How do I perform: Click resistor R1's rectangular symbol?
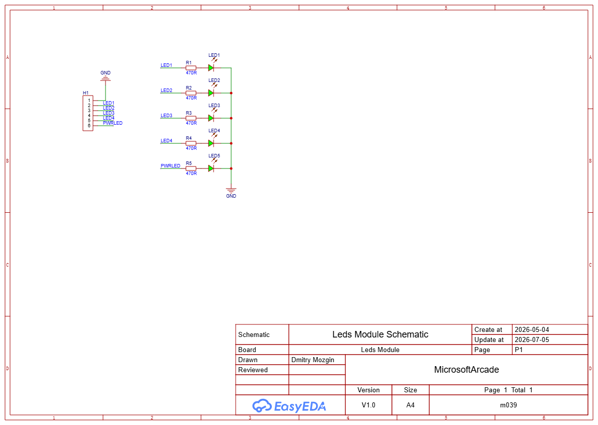pyautogui.click(x=190, y=68)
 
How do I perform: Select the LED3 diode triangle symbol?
pyautogui.click(x=211, y=118)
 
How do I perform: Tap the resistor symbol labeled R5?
pyautogui.click(x=190, y=168)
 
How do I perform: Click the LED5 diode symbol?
pyautogui.click(x=211, y=168)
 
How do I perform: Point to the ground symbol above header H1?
pyautogui.click(x=105, y=78)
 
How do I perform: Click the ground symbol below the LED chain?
pyautogui.click(x=231, y=190)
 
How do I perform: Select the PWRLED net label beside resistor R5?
pyautogui.click(x=170, y=165)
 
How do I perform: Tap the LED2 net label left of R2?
pyautogui.click(x=166, y=91)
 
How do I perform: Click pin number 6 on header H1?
pyautogui.click(x=89, y=126)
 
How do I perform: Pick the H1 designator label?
pyautogui.click(x=86, y=93)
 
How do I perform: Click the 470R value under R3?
pyautogui.click(x=191, y=123)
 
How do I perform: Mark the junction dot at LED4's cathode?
pyautogui.click(x=231, y=143)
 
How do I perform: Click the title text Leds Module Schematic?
pyautogui.click(x=380, y=334)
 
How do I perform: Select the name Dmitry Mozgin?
pyautogui.click(x=313, y=360)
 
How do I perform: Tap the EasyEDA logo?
pyautogui.click(x=289, y=406)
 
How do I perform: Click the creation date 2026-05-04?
pyautogui.click(x=532, y=329)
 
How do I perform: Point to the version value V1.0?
pyautogui.click(x=368, y=405)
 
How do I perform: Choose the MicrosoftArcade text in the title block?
pyautogui.click(x=466, y=370)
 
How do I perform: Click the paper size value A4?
pyautogui.click(x=411, y=405)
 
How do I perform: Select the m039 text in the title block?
pyautogui.click(x=509, y=405)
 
